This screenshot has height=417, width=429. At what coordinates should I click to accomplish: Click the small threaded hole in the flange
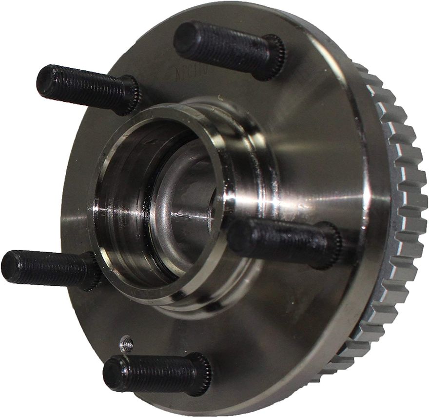coord(127,345)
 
